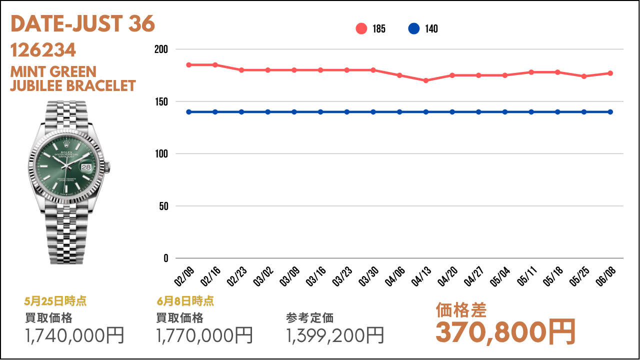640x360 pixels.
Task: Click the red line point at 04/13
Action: (425, 80)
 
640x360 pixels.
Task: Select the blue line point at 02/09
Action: (189, 112)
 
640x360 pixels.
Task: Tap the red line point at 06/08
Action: (610, 73)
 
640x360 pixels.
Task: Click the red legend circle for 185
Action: (361, 28)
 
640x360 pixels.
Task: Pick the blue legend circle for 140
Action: (413, 28)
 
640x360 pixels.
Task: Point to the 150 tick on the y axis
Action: (161, 101)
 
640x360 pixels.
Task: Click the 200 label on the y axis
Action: (161, 49)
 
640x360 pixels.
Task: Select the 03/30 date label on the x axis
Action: (368, 276)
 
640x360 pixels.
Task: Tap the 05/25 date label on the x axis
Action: (579, 276)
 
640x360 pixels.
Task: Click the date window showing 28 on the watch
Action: (86, 167)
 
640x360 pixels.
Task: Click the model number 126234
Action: (43, 50)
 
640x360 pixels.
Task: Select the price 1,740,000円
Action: (74, 335)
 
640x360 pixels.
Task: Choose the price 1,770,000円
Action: (204, 335)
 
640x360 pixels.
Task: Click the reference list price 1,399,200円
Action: (335, 335)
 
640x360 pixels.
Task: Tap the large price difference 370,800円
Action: (505, 332)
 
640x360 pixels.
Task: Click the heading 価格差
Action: (461, 310)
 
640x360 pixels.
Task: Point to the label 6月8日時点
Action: (185, 301)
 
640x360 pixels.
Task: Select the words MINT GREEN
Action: (53, 71)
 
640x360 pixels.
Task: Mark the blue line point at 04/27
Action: (478, 112)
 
